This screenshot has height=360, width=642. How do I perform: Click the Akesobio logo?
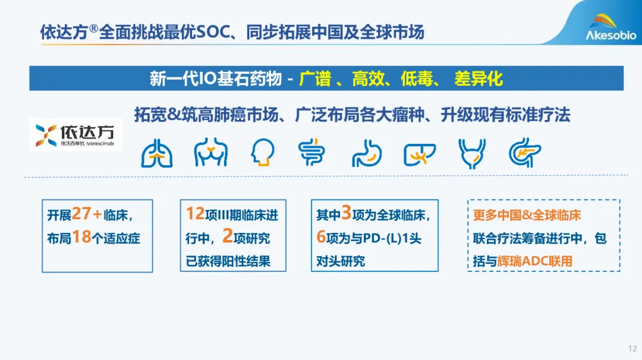[x=611, y=27]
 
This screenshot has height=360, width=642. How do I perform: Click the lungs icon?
[x=157, y=153]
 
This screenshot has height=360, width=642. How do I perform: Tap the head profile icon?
[x=262, y=152]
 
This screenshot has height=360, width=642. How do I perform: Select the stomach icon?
[x=367, y=153]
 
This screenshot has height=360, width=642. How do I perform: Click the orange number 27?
[x=81, y=213]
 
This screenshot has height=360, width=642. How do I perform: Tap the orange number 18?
[x=81, y=237]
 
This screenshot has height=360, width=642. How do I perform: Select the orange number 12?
[x=196, y=213]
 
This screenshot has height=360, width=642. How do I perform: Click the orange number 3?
[x=347, y=213]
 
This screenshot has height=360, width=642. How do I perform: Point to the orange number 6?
[x=321, y=236]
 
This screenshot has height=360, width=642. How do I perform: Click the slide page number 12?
[x=632, y=349]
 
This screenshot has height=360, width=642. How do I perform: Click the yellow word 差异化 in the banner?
[x=478, y=78]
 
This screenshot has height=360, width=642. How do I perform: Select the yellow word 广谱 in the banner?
[x=315, y=78]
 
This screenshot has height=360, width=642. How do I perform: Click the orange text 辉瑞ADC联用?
[x=535, y=261]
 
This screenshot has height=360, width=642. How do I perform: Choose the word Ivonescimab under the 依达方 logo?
[x=100, y=144]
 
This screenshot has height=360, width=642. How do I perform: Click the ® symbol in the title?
[x=94, y=29]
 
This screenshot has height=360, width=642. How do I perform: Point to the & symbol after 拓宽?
[x=174, y=115]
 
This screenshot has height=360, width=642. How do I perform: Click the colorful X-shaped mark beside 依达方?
[x=46, y=135]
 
